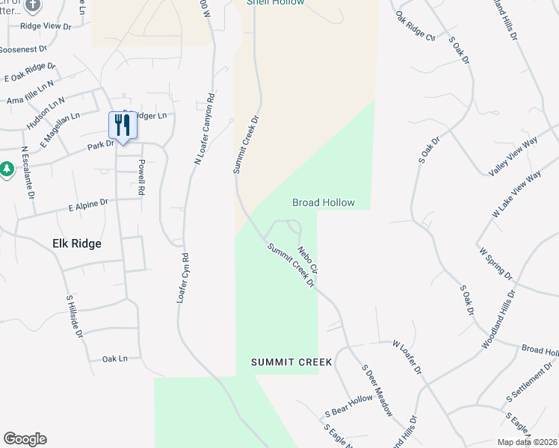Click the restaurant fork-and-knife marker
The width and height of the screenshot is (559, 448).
point(121,125)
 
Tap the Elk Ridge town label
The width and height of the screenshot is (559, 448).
point(77,243)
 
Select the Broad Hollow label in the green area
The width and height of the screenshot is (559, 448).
point(323,202)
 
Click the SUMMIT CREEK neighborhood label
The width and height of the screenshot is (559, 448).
point(291,362)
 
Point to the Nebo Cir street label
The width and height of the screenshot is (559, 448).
point(308,258)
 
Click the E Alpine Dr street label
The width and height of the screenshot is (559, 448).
point(88,202)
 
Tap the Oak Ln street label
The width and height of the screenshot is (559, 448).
point(115,358)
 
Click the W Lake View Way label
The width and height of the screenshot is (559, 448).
point(516,194)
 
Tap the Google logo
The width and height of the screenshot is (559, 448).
point(25,439)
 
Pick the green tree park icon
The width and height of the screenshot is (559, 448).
point(7,169)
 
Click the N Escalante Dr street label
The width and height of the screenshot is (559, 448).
point(28,171)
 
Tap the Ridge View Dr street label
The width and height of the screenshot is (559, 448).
point(45,25)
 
